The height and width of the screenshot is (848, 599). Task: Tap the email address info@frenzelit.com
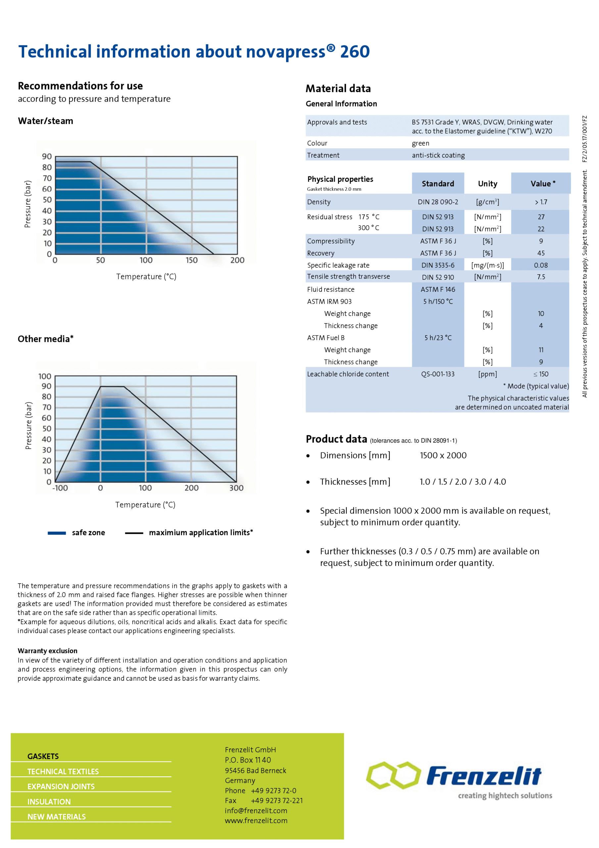(x=256, y=811)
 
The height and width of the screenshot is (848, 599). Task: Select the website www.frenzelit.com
(x=256, y=821)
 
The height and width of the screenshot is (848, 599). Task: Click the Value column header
(x=542, y=184)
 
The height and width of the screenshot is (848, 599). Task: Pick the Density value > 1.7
(x=541, y=202)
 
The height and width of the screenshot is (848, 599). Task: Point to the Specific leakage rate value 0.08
(x=541, y=265)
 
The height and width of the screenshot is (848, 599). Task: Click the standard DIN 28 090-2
(x=438, y=202)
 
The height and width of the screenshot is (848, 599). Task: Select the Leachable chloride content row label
(x=348, y=374)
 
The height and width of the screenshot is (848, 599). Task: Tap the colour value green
(x=420, y=143)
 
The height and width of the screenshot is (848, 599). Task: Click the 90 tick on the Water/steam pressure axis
(x=47, y=157)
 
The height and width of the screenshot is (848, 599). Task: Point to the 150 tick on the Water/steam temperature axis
(x=192, y=260)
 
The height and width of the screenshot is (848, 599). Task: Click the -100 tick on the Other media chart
(x=60, y=488)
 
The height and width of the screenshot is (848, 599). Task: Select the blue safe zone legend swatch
(x=57, y=533)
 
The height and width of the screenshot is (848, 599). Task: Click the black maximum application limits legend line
(x=134, y=533)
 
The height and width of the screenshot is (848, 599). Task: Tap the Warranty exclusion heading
(x=47, y=651)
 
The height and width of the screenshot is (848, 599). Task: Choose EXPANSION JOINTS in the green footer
(x=61, y=787)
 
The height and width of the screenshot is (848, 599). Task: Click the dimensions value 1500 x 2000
(x=443, y=455)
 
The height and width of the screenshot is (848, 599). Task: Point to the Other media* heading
(x=45, y=339)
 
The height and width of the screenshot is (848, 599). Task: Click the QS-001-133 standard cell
(x=438, y=374)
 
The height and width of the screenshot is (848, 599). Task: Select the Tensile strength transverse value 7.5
(x=541, y=277)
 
